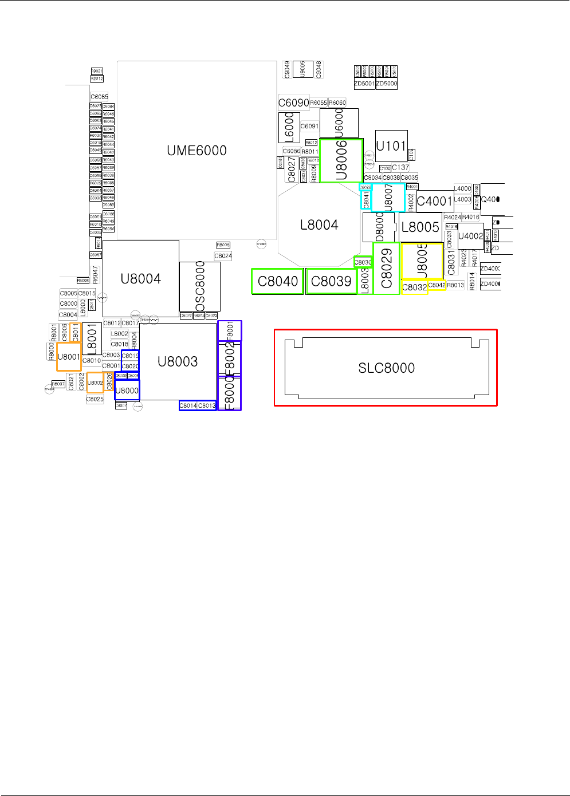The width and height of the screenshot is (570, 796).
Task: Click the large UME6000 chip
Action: pos(196,150)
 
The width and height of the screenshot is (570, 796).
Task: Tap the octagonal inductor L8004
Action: pos(319,225)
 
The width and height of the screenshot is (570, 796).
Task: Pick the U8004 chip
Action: pos(140,279)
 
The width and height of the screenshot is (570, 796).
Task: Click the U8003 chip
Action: pos(178,361)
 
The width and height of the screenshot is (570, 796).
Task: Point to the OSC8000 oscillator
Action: pos(200,286)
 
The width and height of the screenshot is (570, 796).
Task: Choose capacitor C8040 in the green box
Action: pos(278,281)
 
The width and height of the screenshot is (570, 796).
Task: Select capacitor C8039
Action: pos(331,281)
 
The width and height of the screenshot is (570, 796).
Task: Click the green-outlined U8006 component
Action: pos(341,161)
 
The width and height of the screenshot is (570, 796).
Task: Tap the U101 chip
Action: pos(391,146)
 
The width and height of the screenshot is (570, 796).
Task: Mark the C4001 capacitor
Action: pos(435,201)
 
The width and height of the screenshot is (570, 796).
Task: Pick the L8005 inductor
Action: pos(420,227)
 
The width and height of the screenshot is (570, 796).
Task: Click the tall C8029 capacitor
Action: pos(386,269)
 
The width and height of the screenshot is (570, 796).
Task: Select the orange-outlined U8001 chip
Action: pos(69,357)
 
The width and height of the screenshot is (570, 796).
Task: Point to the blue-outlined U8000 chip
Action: pos(127,391)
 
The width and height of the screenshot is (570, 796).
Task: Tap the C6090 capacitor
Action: pos(293,103)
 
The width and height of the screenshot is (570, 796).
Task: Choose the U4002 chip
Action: pos(470,236)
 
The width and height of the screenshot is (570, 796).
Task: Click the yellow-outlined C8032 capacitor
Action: pos(414,287)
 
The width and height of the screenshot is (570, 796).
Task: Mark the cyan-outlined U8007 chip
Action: pos(388,198)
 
